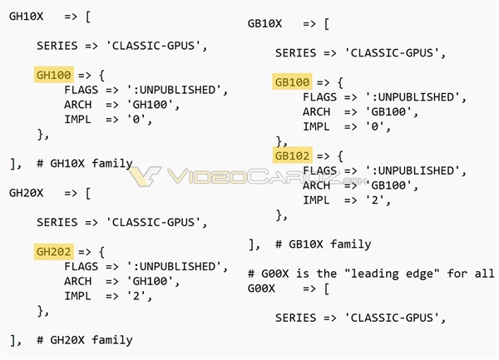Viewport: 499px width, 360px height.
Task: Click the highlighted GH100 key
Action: [54, 75]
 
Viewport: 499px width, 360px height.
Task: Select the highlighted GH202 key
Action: [54, 252]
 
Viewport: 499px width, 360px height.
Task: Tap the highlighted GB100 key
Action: [292, 82]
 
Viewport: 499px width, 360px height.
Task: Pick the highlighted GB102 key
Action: [292, 155]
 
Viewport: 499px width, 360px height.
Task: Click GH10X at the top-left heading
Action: [26, 17]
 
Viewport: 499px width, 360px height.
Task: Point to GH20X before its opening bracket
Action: [26, 193]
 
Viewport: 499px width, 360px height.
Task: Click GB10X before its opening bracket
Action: [264, 23]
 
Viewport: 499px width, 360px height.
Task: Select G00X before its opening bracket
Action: [261, 288]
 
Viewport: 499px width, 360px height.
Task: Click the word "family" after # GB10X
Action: [351, 244]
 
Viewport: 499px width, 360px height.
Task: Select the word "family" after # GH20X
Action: [112, 340]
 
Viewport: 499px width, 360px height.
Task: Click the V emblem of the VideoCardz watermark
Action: [145, 176]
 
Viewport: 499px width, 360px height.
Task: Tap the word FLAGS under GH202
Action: [82, 267]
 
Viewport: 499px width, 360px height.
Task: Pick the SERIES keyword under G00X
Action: [295, 318]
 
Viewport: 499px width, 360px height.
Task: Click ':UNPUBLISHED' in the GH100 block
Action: [174, 90]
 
